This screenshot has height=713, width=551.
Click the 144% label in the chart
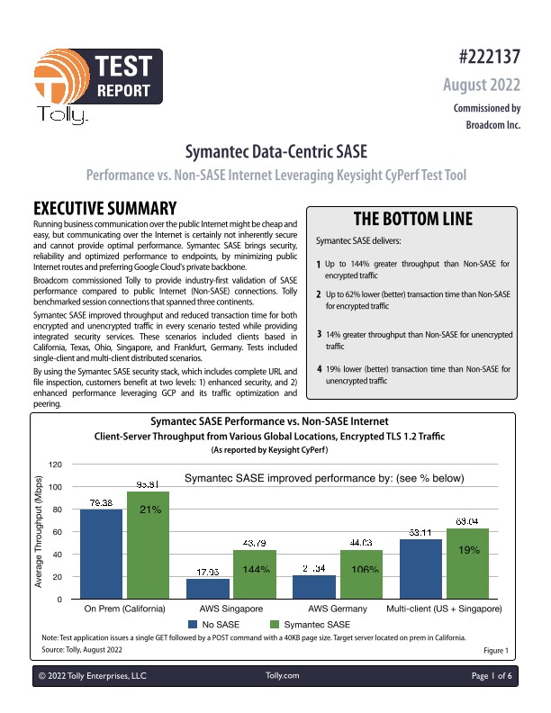(x=255, y=570)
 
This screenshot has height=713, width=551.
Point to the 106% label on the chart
(x=366, y=570)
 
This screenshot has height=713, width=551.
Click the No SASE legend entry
(x=213, y=624)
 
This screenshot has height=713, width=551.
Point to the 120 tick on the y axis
(x=55, y=465)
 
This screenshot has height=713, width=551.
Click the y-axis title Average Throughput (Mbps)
(x=40, y=532)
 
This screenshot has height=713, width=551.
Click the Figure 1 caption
(x=496, y=648)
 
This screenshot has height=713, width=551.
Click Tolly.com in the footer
(x=283, y=674)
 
